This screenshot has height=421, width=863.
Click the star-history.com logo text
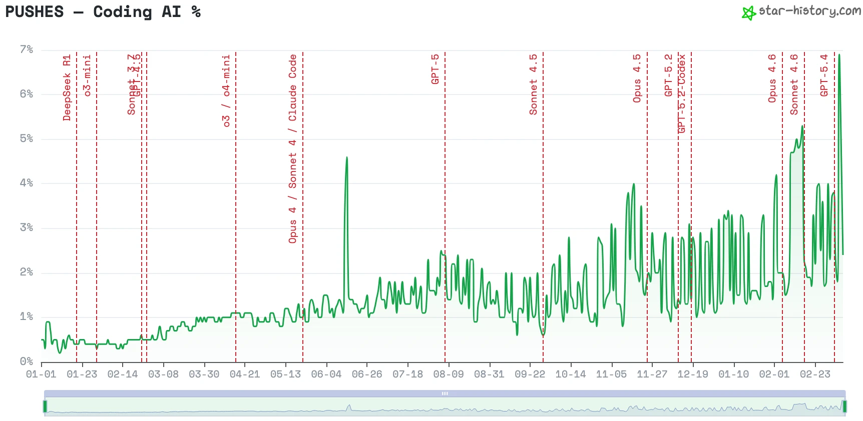(809, 11)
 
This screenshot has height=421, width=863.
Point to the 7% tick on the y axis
(27, 49)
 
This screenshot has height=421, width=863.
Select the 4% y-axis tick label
(27, 183)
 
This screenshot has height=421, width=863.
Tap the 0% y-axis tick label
(27, 361)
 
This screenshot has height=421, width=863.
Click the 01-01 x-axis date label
(41, 374)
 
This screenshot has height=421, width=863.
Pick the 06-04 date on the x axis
(326, 374)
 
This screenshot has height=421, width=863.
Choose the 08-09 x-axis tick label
(449, 374)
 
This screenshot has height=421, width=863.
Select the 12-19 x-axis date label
(693, 374)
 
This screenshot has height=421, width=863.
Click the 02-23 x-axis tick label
(815, 374)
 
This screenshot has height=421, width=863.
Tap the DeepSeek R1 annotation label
(67, 88)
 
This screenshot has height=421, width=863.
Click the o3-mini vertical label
(87, 75)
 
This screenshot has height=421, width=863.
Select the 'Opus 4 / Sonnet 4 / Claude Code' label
(293, 149)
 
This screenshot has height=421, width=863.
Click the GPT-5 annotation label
(435, 69)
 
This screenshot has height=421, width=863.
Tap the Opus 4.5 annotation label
(637, 79)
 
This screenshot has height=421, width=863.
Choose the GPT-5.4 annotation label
(824, 75)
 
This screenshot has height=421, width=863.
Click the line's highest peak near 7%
(839, 55)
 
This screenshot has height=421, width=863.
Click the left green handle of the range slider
(45, 406)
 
